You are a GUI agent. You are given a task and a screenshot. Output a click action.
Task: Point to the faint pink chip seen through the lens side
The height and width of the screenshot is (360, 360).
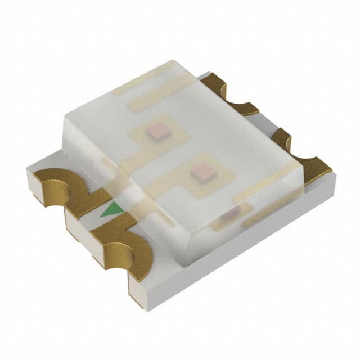point(231,212)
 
